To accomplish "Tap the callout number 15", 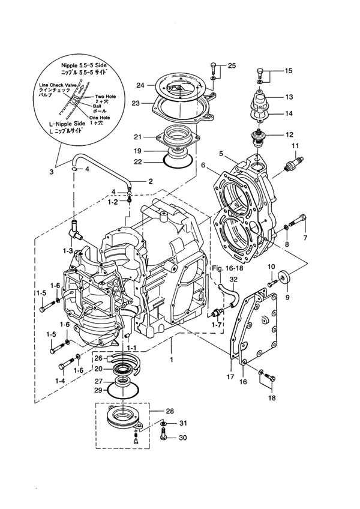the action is (288, 70).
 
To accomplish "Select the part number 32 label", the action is (233, 279).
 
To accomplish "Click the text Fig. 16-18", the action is (227, 268).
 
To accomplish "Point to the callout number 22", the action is (138, 161).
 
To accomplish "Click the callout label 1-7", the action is (217, 325).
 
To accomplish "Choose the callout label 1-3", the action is (68, 251).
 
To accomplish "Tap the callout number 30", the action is (183, 438).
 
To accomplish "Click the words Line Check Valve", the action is (58, 85).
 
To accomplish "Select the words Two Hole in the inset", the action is (105, 97).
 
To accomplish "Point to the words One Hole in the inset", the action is (100, 118).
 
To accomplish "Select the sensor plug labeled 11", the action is (293, 163).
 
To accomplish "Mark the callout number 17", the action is (230, 377).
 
